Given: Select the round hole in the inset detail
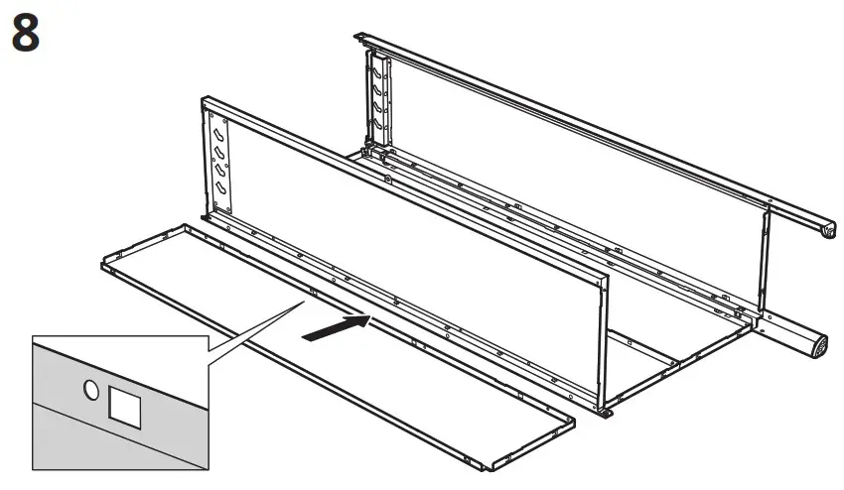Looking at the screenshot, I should tap(91, 391).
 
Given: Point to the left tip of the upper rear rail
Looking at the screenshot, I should tap(359, 37).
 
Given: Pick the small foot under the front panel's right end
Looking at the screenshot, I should tap(602, 411).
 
